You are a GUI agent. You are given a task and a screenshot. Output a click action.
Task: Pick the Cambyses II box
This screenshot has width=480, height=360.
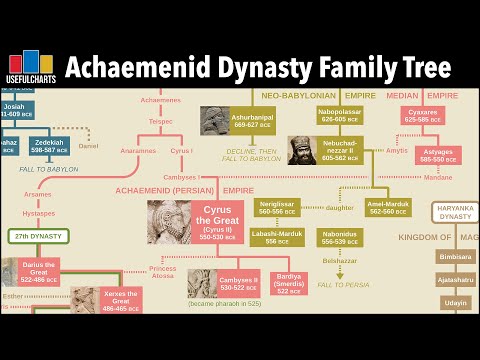238,283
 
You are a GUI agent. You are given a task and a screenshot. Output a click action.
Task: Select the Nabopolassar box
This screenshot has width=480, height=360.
340,116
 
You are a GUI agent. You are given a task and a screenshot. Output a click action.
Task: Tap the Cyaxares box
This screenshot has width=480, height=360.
423,116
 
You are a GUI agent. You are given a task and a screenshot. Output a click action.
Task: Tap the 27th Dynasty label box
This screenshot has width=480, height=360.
38,237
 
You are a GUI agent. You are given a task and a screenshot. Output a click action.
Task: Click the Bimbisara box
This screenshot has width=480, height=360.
456,256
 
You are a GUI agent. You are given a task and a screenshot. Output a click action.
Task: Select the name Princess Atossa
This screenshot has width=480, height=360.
163,273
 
